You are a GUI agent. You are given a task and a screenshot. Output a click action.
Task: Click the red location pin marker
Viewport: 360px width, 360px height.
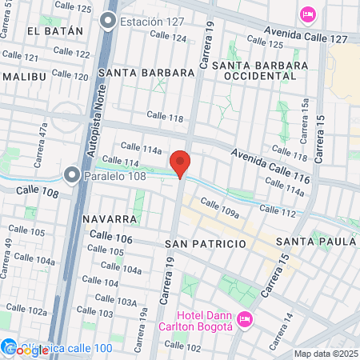[181, 162]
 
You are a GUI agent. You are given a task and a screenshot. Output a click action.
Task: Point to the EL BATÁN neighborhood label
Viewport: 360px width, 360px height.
[54, 31]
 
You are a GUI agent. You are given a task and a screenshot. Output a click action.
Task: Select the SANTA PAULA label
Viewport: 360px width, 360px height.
[315, 241]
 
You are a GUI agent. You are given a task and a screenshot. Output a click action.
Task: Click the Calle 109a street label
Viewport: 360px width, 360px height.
[220, 210]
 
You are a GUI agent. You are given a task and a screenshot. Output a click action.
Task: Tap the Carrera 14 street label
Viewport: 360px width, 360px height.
[289, 318]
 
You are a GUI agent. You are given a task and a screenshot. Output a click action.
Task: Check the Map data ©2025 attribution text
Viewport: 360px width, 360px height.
[326, 354]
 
